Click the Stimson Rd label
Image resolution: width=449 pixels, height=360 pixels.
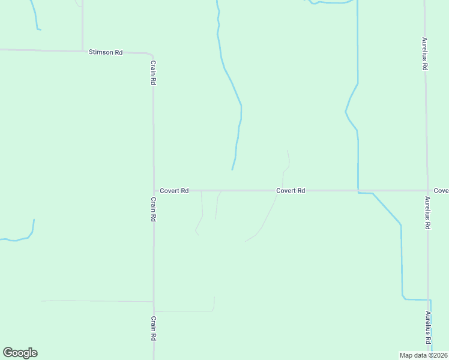[x=106, y=53]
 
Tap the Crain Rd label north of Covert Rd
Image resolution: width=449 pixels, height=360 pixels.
[x=153, y=73]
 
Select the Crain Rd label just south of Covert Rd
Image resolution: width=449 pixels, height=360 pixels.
[x=153, y=210]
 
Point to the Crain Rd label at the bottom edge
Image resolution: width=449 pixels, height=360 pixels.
[x=153, y=328]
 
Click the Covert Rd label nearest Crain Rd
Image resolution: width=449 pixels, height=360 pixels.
[x=174, y=191]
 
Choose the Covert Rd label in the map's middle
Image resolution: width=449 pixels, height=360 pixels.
[x=291, y=191]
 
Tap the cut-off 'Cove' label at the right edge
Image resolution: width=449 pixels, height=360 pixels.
[x=441, y=191]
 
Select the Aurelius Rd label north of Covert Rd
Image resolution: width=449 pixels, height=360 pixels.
[x=424, y=55]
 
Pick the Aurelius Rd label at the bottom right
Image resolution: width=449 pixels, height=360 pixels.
[x=429, y=328]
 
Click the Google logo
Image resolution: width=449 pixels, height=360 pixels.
[x=20, y=353]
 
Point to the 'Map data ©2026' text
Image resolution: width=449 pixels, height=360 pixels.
[x=424, y=355]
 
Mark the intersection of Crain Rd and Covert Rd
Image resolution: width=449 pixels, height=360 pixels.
[x=154, y=191]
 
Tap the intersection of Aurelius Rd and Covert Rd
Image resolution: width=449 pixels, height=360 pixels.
[x=427, y=191]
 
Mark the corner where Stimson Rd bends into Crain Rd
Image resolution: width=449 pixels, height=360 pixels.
[x=151, y=55]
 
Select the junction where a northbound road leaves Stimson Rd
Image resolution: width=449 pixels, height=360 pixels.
[x=82, y=51]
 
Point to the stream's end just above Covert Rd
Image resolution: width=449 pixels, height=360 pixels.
[x=232, y=169]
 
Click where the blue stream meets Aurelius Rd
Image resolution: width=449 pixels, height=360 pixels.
[x=429, y=299]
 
